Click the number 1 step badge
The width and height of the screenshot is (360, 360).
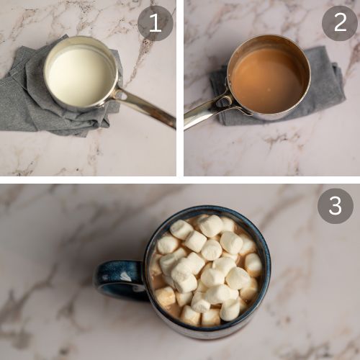156,23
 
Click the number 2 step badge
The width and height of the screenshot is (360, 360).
340,23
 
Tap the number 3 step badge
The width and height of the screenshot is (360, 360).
336,206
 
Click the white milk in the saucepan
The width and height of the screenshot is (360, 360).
81,76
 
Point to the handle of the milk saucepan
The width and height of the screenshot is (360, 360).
146,107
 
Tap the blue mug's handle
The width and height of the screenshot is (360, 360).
117,279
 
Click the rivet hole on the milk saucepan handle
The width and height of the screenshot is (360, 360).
123,96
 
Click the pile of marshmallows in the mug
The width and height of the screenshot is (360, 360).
207,269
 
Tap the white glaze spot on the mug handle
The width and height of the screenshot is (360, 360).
125,276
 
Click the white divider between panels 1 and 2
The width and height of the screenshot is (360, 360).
180,88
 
